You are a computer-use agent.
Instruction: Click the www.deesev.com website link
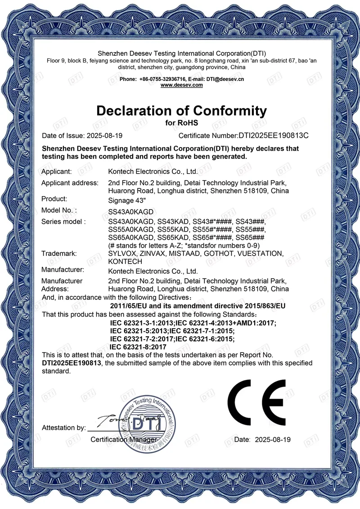(x=181, y=85)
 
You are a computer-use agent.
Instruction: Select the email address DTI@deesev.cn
(x=225, y=79)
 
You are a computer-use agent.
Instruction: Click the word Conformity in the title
(x=229, y=111)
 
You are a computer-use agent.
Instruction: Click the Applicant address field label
(x=70, y=183)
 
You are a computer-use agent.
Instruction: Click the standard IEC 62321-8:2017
(x=138, y=347)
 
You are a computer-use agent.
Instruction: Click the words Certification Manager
(x=124, y=439)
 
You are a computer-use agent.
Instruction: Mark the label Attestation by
(x=63, y=428)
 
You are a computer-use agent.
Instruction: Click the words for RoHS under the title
(x=182, y=122)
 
